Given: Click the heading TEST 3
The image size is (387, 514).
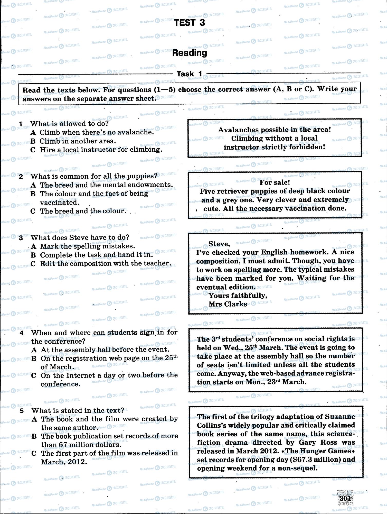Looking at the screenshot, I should pos(190,23).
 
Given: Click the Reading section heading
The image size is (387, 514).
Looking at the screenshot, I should pos(190,53).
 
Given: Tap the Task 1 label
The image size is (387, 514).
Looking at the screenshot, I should pos(189,74).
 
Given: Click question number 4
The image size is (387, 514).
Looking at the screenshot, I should pos(22,333).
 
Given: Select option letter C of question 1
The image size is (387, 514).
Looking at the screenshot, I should pos(33,150).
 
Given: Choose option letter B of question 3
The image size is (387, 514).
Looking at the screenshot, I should pos(33,255).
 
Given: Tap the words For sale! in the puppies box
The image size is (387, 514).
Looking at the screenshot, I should pos(275,182).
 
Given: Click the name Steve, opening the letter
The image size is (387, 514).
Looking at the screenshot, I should pos(219,244).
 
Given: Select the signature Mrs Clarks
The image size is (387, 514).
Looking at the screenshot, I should pos(228,304).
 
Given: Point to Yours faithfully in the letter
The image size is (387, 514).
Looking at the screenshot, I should pos(238,296).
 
